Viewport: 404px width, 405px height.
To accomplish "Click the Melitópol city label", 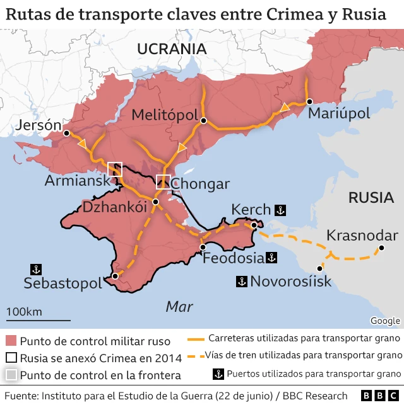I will pyautogui.click(x=166, y=115).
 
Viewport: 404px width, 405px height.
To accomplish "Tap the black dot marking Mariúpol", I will pyautogui.click(x=309, y=101).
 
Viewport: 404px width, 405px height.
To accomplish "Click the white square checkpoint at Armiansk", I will pyautogui.click(x=115, y=169).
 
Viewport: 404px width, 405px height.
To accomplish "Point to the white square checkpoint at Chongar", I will pyautogui.click(x=163, y=181).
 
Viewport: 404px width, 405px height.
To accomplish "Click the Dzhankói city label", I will pyautogui.click(x=110, y=207).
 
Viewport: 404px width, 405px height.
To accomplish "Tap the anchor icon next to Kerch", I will pyautogui.click(x=281, y=210).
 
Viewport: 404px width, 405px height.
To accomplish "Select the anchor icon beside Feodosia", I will pyautogui.click(x=271, y=258).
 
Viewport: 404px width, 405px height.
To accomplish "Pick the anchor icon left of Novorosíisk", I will pyautogui.click(x=241, y=281).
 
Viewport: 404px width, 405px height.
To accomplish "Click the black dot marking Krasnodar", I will pyautogui.click(x=381, y=249).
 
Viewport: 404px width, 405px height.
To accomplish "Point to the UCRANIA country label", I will pyautogui.click(x=172, y=49).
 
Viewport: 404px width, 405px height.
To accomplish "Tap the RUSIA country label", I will pyautogui.click(x=371, y=197).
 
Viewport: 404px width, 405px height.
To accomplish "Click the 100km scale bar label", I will pyautogui.click(x=24, y=312).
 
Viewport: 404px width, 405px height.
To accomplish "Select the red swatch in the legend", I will pyautogui.click(x=11, y=341).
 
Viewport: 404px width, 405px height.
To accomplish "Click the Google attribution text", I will pyautogui.click(x=385, y=321).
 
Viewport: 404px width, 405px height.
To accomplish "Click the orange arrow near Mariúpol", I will pyautogui.click(x=285, y=108).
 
